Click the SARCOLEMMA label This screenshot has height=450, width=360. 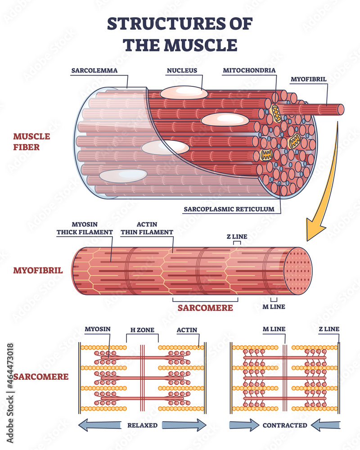click(94, 70)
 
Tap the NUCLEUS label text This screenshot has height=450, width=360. click(182, 70)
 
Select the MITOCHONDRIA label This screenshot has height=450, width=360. click(249, 70)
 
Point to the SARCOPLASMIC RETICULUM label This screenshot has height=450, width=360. click(229, 209)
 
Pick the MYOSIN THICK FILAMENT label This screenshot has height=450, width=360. click(85, 229)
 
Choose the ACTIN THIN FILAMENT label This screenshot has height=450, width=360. click(147, 229)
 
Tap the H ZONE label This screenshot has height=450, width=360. click(142, 330)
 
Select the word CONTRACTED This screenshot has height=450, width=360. click(285, 425)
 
